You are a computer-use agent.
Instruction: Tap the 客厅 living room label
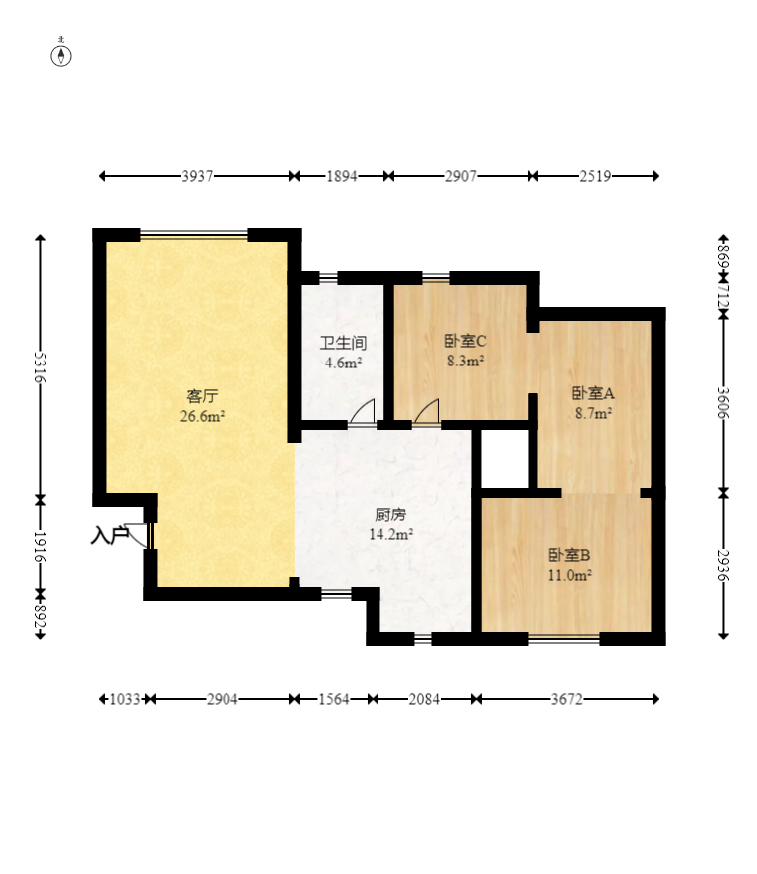point(202,396)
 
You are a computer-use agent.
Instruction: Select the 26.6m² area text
point(202,416)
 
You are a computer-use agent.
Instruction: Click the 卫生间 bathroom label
point(343,343)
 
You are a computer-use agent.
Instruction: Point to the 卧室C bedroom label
point(466,340)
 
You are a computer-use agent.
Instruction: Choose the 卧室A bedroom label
point(593,393)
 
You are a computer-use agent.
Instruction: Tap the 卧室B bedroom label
point(569,555)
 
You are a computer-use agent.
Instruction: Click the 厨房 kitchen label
point(390,514)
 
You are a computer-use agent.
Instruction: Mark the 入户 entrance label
point(110,535)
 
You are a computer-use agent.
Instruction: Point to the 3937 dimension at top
point(197,176)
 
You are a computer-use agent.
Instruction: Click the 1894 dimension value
point(341,176)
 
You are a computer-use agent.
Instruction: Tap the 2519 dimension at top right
point(595,176)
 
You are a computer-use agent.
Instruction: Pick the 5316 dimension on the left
point(40,367)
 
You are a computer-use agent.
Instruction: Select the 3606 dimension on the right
point(723,403)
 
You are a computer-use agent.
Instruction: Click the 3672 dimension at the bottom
point(567,699)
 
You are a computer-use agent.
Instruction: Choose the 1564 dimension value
point(334,699)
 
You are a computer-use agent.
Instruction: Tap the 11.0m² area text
point(569,575)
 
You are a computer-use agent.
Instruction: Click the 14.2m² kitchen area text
point(390,534)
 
